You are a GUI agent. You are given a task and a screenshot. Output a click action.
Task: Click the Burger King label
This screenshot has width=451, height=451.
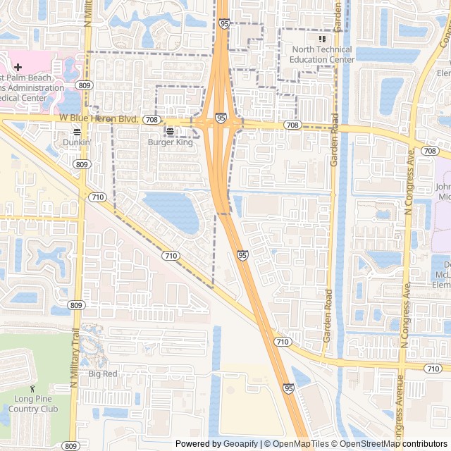tap(170, 142)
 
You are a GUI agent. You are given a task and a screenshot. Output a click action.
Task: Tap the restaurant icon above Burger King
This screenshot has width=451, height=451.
tap(170, 131)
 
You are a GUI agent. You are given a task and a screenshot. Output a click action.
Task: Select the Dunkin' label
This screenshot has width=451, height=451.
tap(77, 142)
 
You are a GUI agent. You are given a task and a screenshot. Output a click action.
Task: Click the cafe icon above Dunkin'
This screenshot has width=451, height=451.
tap(77, 131)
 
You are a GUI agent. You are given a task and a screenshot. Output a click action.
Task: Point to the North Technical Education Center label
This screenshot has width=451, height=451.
tap(323, 54)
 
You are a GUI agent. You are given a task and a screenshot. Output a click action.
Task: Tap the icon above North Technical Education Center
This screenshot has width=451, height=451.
tap(323, 39)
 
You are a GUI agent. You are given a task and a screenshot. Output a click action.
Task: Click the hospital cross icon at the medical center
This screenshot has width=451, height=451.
tap(18, 67)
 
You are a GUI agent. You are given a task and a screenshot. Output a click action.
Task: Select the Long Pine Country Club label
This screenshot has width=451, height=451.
tap(32, 404)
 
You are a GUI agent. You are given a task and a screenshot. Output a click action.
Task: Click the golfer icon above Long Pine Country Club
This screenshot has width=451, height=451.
tap(32, 388)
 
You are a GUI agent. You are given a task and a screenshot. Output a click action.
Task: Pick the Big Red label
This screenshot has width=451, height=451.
tap(103, 373)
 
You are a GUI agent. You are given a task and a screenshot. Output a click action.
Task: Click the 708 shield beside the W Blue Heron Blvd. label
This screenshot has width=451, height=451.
tap(151, 121)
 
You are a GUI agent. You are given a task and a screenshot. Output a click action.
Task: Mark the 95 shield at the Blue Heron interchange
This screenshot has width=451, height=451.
tap(221, 119)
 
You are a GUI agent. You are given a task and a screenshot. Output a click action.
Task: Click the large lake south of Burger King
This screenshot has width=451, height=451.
tap(173, 210)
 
